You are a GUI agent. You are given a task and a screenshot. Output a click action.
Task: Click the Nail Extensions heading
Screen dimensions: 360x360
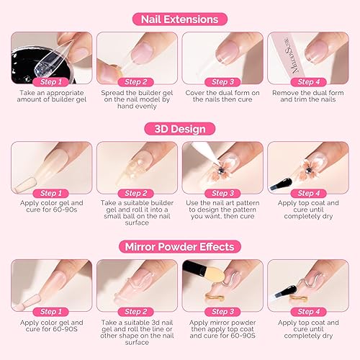click(180, 18)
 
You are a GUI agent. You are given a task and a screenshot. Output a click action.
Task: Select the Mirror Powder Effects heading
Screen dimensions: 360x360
click(180, 246)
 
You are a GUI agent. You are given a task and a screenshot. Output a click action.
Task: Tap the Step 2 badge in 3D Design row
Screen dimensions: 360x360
click(136, 193)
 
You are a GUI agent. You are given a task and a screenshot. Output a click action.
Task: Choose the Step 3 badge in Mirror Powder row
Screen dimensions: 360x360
click(222, 312)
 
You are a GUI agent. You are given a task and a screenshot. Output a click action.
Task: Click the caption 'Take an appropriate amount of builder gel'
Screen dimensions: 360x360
click(51, 98)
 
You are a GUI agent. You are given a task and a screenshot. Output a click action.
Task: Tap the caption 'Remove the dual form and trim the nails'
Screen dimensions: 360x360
click(308, 98)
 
